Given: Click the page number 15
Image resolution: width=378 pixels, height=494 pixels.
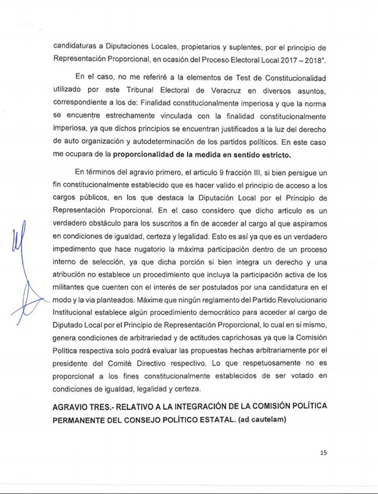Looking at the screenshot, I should coord(324,453).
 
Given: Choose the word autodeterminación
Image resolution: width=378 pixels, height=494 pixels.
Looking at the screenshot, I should coord(148,142).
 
